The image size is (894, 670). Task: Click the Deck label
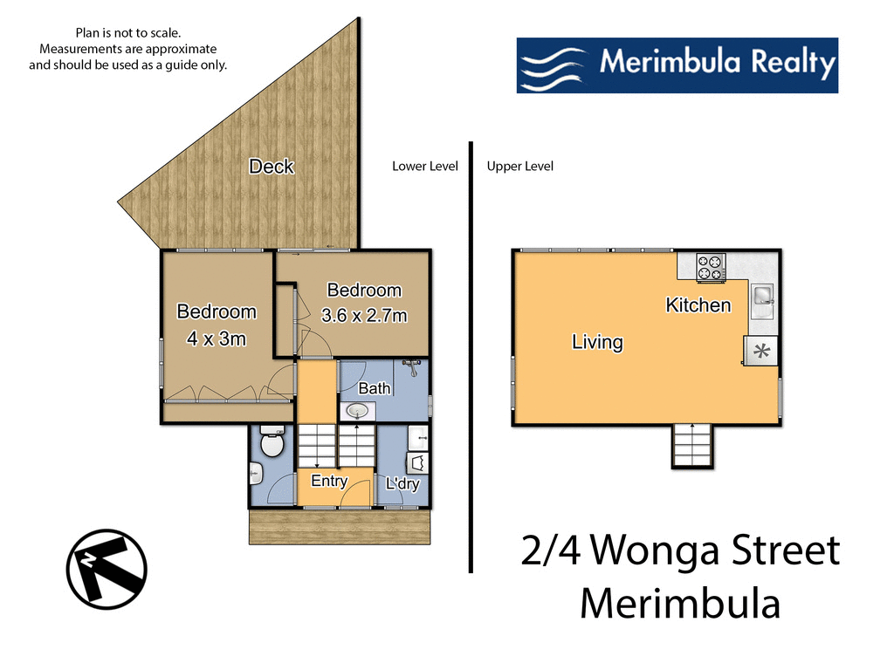coord(271,166)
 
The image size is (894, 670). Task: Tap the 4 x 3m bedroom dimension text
coord(217,338)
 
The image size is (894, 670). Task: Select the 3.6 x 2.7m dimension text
coord(364,316)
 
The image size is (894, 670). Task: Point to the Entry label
coord(329,481)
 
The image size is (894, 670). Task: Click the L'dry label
coord(402,484)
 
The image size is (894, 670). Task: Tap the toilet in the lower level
coord(272,441)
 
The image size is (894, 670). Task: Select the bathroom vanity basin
coord(357,410)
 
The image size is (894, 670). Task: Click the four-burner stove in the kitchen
coord(710,267)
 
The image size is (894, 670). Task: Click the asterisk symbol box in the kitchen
coord(760,352)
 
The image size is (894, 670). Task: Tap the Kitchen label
coord(698,305)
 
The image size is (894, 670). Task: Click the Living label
coord(597,342)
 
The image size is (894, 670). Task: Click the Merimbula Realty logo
coord(677,65)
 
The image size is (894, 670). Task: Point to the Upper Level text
coord(520,166)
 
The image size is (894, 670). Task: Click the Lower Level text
coord(425,166)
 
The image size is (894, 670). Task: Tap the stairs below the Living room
coord(693,445)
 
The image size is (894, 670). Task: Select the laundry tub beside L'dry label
coord(416,462)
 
